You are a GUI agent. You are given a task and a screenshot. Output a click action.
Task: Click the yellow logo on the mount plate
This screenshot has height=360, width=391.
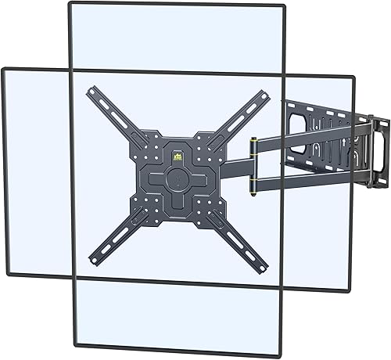[x=176, y=156]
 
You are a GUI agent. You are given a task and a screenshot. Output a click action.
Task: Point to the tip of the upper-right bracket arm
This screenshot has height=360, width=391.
[x=266, y=95]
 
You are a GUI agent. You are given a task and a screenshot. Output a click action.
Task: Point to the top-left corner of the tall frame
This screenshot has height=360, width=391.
[x=70, y=5]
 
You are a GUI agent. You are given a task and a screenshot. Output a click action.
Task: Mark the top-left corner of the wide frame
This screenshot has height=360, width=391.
[x=3, y=70]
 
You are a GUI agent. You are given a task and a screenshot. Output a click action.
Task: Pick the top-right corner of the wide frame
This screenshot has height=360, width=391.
[x=353, y=77]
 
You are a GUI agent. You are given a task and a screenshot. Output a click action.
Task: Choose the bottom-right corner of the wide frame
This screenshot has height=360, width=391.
[x=349, y=290]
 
